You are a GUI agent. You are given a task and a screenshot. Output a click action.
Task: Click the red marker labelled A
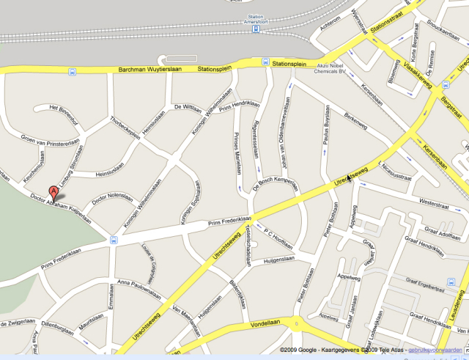(x=53, y=193)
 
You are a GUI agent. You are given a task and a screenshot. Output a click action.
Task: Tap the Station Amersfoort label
(x=256, y=19)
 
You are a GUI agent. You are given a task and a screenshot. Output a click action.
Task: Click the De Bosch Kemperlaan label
(x=276, y=180)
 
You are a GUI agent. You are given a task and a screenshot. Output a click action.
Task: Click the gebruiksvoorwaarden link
(x=440, y=350)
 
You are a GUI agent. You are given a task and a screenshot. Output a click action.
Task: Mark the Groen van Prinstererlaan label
(x=50, y=142)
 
